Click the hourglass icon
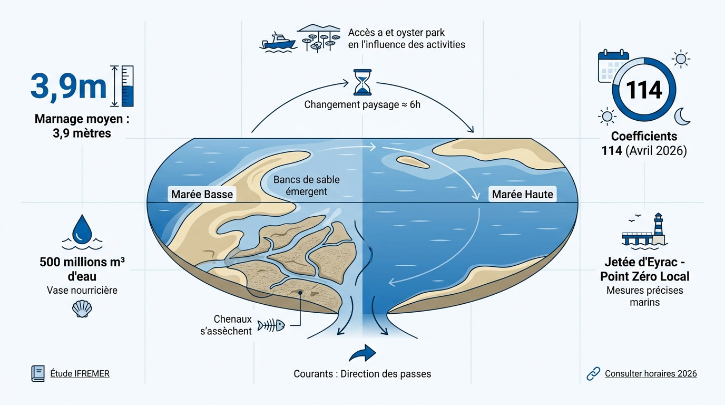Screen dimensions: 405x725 tap(362, 81)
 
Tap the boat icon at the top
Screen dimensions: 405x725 tap(278, 41)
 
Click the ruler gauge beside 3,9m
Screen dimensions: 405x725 tap(127, 86)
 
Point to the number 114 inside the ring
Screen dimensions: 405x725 tap(644, 90)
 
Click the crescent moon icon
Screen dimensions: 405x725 tap(683, 117)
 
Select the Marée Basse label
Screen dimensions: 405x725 tap(202, 194)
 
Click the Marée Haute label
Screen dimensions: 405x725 tap(522, 194)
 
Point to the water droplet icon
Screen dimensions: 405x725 tap(82, 228)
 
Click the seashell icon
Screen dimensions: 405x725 tap(82, 308)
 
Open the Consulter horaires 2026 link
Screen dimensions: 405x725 tap(651, 373)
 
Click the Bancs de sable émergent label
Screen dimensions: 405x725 tap(306, 186)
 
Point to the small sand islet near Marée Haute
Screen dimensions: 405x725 tap(413, 161)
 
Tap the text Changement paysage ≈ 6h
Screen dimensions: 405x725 tap(362, 104)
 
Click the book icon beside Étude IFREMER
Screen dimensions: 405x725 tap(37, 373)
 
